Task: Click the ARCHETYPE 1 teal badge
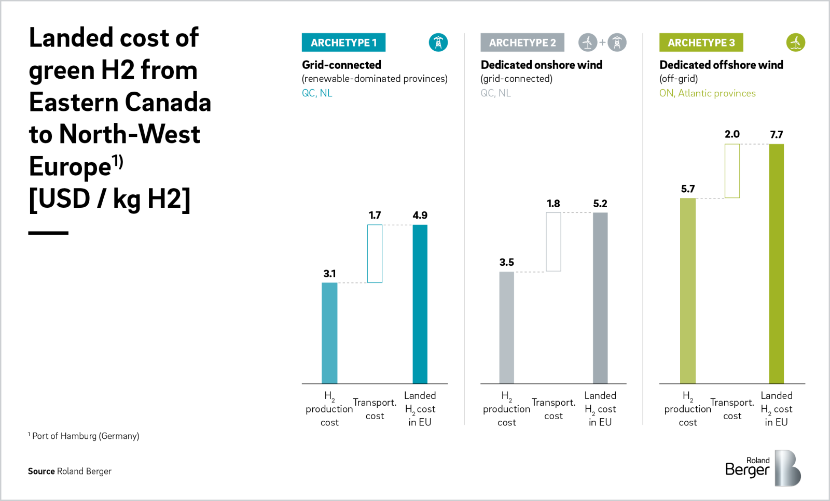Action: tap(343, 42)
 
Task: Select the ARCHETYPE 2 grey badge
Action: tap(522, 42)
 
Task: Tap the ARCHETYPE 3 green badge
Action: tap(701, 42)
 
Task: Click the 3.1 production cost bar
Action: tap(329, 333)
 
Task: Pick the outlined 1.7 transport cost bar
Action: tap(375, 253)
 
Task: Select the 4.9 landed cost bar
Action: tap(420, 304)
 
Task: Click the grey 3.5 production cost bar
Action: tap(506, 327)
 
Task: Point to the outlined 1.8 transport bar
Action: tap(553, 241)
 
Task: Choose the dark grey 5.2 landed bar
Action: tap(600, 298)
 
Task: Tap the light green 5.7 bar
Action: tap(687, 291)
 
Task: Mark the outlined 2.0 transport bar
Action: tap(732, 171)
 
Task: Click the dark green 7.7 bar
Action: tap(776, 264)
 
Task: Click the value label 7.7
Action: tap(776, 135)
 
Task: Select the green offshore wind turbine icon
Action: tap(795, 42)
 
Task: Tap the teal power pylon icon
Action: tap(438, 42)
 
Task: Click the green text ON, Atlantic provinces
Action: tap(707, 93)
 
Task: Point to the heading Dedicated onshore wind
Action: tap(541, 65)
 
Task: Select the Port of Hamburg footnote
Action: tap(84, 436)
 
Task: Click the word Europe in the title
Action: tap(70, 167)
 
